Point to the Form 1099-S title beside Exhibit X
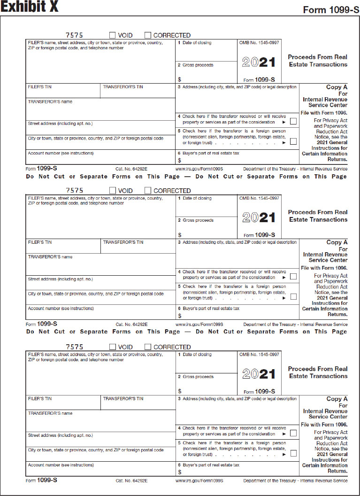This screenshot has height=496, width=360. click(x=331, y=10)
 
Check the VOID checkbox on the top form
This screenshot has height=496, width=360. click(x=113, y=35)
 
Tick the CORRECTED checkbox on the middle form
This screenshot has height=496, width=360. click(x=148, y=191)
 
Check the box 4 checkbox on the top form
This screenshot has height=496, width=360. click(x=293, y=122)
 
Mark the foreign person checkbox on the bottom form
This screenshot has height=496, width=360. click(x=293, y=454)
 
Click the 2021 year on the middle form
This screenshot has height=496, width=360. click(x=259, y=217)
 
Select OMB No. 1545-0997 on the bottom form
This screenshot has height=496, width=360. click(x=259, y=354)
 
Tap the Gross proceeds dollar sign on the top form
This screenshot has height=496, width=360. click(x=179, y=79)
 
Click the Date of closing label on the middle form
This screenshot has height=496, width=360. click(x=197, y=198)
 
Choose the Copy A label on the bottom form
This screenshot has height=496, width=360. click(x=337, y=399)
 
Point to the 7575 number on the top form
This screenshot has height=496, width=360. click(x=74, y=35)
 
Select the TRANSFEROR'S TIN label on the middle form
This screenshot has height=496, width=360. click(x=123, y=242)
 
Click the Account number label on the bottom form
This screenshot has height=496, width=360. click(x=61, y=465)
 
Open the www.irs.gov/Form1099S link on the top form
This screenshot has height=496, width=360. click(x=199, y=168)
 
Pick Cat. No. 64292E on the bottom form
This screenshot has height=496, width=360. click(x=131, y=481)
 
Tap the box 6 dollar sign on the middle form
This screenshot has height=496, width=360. click(x=179, y=316)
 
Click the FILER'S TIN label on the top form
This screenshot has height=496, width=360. click(x=40, y=87)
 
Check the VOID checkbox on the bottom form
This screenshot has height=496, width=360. click(x=113, y=347)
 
